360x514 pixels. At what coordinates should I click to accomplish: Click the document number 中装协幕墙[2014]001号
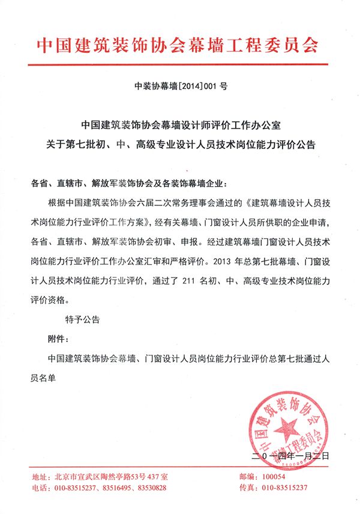point(180,86)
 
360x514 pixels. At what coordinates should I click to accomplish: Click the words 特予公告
point(82,319)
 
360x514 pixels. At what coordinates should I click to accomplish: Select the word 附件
point(60,338)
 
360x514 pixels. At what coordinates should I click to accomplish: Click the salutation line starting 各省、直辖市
point(128,183)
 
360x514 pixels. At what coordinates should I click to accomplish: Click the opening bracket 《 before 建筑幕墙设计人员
point(247,202)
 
